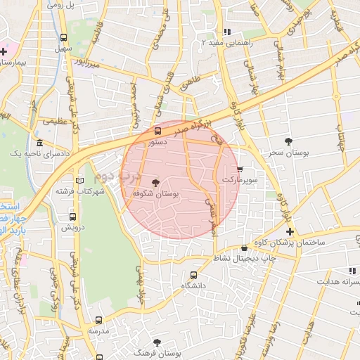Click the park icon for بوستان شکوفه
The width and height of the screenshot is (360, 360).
[155, 183]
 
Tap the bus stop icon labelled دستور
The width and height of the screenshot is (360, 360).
[157, 131]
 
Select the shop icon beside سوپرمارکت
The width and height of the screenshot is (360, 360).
[240, 169]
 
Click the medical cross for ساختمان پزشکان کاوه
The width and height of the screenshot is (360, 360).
[289, 231]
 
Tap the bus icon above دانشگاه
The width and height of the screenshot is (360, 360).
[193, 276]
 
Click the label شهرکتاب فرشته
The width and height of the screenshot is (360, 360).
[82, 191]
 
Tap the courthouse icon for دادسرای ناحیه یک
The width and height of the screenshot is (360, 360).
[39, 143]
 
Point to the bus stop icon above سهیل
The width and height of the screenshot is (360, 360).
[64, 38]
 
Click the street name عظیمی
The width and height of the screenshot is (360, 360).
[55, 121]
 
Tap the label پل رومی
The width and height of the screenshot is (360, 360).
[62, 5]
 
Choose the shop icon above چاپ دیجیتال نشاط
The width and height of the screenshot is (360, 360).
[244, 248]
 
